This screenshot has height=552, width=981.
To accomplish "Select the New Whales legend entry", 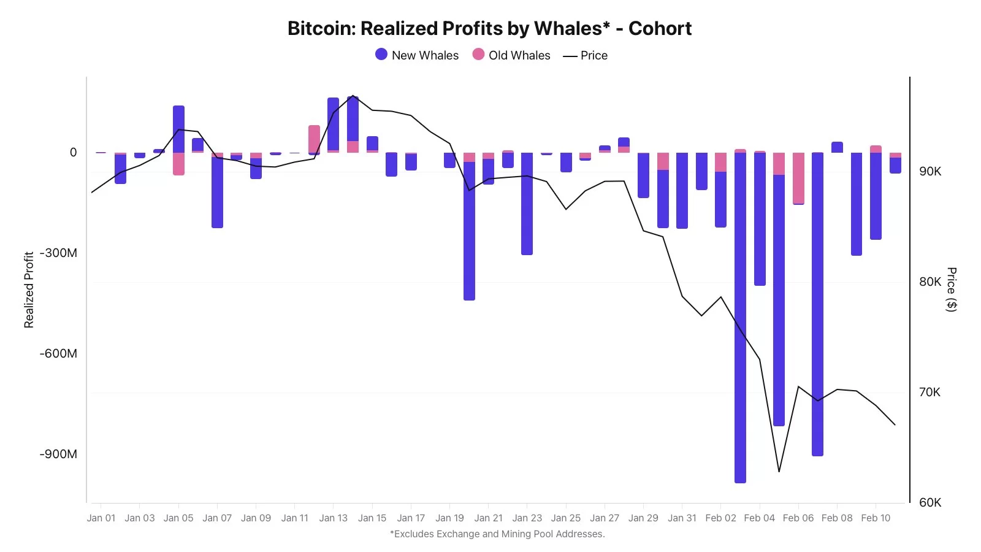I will click(x=417, y=55).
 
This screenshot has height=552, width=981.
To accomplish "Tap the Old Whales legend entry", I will click(x=511, y=55).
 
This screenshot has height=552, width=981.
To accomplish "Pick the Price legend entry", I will click(x=586, y=55).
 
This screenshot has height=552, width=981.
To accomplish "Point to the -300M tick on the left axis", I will click(x=59, y=253).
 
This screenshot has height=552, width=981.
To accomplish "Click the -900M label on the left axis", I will click(x=59, y=454).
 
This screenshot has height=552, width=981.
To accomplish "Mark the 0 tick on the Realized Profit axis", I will click(x=74, y=153).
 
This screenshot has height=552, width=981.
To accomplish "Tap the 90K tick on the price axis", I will click(x=929, y=172).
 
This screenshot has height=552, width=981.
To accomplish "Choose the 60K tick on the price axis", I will click(x=929, y=503).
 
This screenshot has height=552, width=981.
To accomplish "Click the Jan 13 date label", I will click(x=333, y=518).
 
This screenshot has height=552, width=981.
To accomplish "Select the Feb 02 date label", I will click(x=720, y=518).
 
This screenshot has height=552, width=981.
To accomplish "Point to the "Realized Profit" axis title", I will click(x=29, y=289).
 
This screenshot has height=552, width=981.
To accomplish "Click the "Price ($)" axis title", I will click(x=951, y=289).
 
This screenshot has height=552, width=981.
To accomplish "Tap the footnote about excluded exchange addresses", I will click(x=497, y=534).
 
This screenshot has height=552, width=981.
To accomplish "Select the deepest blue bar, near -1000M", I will click(x=740, y=319).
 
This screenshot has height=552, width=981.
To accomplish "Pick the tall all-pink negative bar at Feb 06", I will click(x=798, y=178).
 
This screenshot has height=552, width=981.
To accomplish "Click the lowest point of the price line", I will click(x=779, y=472).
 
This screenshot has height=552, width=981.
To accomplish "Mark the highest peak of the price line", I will click(x=353, y=96).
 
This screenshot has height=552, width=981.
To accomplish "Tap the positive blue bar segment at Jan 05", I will click(x=178, y=129).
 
